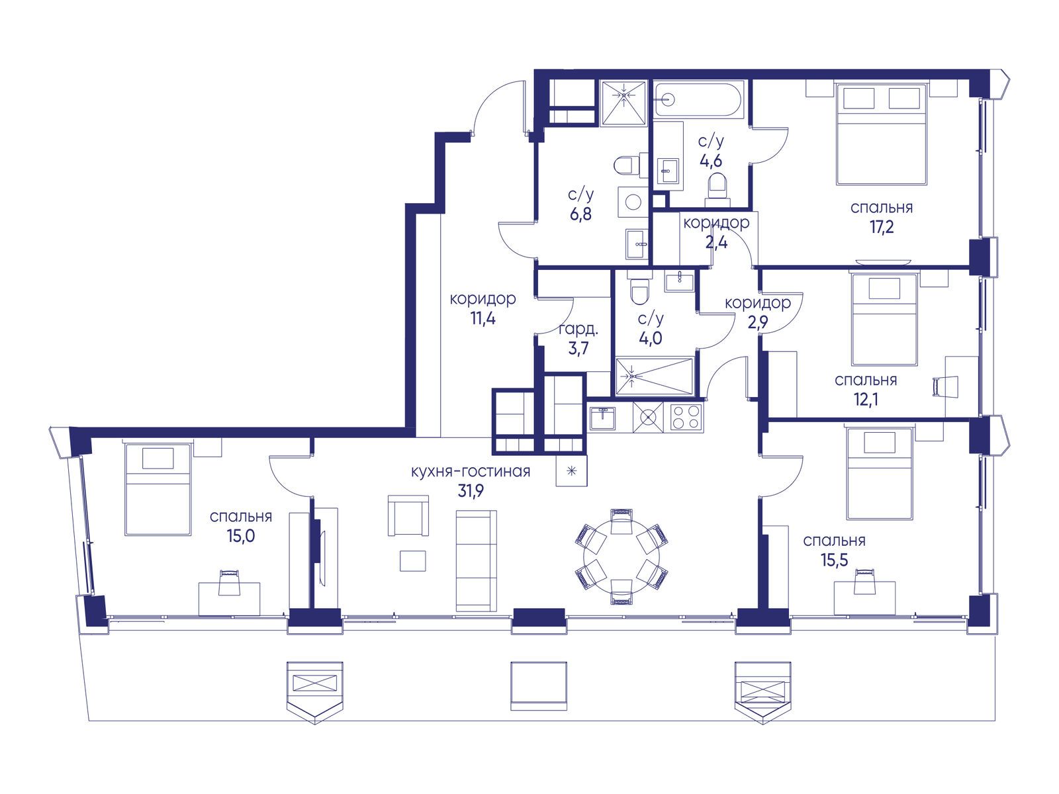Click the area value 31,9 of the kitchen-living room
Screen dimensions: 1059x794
(x=471, y=491)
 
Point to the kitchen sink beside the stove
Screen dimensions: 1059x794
(x=602, y=418)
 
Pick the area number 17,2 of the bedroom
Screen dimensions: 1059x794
(x=882, y=226)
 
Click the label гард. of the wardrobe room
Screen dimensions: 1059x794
(x=578, y=330)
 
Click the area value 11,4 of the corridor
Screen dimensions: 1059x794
(x=483, y=319)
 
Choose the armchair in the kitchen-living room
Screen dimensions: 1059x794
(x=408, y=515)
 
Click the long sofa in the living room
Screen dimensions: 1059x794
(x=476, y=561)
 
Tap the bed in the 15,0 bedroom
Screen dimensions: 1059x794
(x=158, y=490)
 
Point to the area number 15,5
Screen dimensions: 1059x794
(x=834, y=560)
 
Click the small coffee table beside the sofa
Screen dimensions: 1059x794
(x=412, y=561)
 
